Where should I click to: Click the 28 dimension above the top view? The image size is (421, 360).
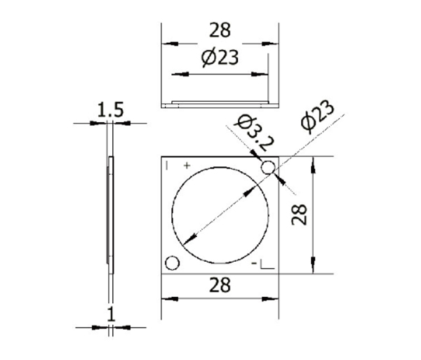click(220, 30)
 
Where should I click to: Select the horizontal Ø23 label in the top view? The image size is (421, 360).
click(220, 59)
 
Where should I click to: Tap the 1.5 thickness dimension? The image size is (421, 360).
click(110, 109)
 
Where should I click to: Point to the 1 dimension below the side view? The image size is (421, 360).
click(110, 314)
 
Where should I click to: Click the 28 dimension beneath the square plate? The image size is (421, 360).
click(220, 285)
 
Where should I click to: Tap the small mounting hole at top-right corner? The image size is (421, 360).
click(268, 168)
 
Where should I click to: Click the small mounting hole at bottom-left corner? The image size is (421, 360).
click(172, 263)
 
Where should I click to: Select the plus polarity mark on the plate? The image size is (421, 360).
click(186, 166)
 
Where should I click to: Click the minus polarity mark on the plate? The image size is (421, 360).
click(253, 265)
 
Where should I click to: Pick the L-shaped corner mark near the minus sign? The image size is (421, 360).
click(266, 265)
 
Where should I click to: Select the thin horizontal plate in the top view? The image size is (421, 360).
click(220, 103)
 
